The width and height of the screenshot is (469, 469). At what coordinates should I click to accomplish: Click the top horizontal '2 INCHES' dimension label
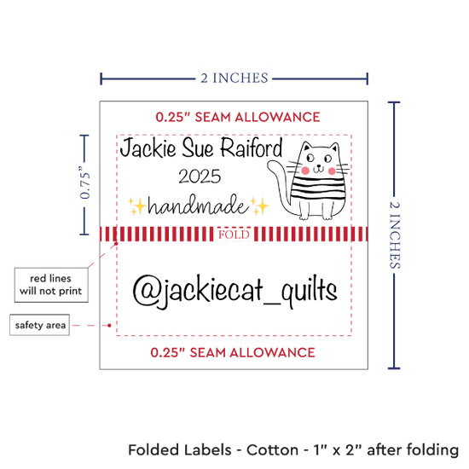tap(234, 78)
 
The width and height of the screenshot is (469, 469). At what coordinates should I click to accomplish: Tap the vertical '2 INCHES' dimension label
tap(395, 234)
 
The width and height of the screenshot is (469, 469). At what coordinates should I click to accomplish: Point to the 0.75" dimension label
tap(84, 182)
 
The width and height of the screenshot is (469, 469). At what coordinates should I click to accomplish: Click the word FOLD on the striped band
tap(234, 234)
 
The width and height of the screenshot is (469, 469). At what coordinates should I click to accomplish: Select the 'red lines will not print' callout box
tap(51, 285)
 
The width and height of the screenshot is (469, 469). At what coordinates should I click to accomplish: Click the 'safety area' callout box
tap(40, 325)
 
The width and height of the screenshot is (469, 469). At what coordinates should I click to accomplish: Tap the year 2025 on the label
tap(200, 177)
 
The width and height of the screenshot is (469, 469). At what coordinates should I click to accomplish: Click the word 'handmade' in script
tap(199, 205)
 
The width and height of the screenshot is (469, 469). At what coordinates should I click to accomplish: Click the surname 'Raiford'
tap(252, 148)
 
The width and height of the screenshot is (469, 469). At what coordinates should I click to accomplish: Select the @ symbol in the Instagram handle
tap(144, 289)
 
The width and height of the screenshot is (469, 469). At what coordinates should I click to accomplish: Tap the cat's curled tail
tap(279, 185)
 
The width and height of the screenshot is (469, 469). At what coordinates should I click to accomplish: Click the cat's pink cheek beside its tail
tap(305, 171)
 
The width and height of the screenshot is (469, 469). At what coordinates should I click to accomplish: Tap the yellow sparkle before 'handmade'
tap(137, 206)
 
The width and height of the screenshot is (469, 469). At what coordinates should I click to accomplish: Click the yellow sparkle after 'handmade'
tap(259, 206)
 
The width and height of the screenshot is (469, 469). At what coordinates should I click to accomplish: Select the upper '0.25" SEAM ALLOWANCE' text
tap(238, 117)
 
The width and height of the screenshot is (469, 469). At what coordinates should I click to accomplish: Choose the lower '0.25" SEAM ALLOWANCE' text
tap(233, 352)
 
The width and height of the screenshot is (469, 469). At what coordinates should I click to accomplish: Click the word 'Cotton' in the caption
tap(272, 450)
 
